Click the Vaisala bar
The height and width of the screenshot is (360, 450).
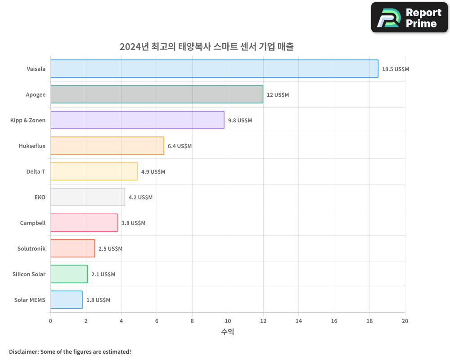[214, 69]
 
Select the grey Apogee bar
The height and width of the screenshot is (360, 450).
[157, 94]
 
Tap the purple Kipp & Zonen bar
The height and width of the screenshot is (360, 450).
[137, 120]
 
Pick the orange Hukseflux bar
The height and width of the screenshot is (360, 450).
[107, 146]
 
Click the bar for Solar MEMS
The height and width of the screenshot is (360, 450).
[66, 300]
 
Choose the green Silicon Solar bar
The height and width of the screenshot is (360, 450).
[69, 274]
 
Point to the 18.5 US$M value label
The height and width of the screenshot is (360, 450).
[396, 69]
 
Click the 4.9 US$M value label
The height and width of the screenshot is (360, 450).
[153, 172]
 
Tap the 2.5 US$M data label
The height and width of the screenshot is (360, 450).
[110, 249]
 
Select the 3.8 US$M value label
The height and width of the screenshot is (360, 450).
[133, 223]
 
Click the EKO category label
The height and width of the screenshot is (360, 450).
[40, 197]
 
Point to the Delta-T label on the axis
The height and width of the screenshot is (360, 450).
[36, 171]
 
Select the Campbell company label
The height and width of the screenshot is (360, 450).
[33, 223]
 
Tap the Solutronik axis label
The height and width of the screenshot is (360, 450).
[31, 248]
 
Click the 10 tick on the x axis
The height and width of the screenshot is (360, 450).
[228, 321]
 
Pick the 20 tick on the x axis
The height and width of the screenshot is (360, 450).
[405, 321]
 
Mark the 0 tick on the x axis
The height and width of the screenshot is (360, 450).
[50, 321]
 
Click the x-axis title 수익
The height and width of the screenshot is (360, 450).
[228, 332]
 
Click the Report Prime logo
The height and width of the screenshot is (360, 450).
[409, 18]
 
